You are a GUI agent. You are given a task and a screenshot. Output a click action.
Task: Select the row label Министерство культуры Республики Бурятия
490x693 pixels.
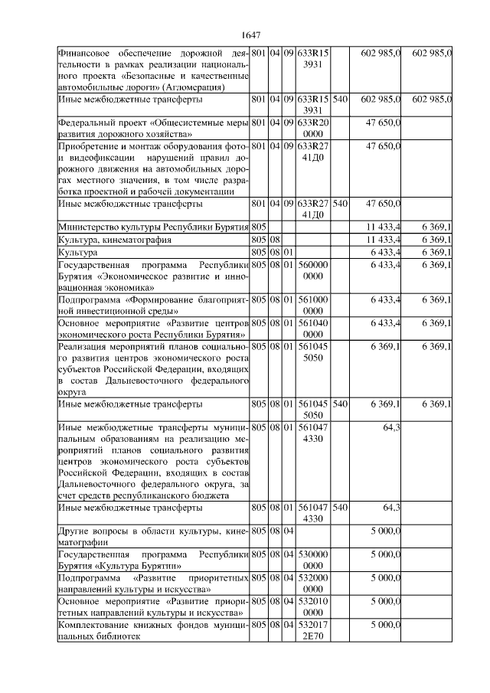153,227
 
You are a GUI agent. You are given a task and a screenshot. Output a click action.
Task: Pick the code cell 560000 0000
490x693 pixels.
312,270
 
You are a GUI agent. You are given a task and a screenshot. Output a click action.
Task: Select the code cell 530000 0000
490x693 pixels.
312,558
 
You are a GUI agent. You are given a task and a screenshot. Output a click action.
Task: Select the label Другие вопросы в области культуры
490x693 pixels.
153,534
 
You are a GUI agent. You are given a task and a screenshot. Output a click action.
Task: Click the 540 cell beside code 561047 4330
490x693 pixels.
341,508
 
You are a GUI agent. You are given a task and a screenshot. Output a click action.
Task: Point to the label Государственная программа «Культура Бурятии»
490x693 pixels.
153,558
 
